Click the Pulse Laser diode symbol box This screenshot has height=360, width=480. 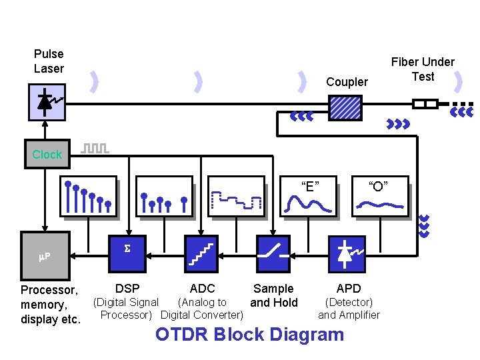point(47,103)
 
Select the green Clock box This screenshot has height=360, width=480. point(47,154)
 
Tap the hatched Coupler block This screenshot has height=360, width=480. point(346,107)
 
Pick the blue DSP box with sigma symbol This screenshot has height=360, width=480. point(127,254)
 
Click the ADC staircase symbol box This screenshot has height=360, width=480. point(200,254)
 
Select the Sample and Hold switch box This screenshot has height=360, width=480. point(274,254)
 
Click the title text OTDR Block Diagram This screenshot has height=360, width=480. point(249,335)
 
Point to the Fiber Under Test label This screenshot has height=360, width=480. point(423,69)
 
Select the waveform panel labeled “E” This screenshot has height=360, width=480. point(309,198)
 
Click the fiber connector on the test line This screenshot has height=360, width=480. point(425,104)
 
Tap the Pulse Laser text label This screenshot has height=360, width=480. point(49,61)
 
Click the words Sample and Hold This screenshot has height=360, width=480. point(273,295)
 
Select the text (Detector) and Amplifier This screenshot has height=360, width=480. point(349,309)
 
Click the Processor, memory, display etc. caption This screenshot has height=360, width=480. point(50,305)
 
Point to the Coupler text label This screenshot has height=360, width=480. point(347,82)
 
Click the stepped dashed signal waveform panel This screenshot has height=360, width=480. point(237,198)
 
